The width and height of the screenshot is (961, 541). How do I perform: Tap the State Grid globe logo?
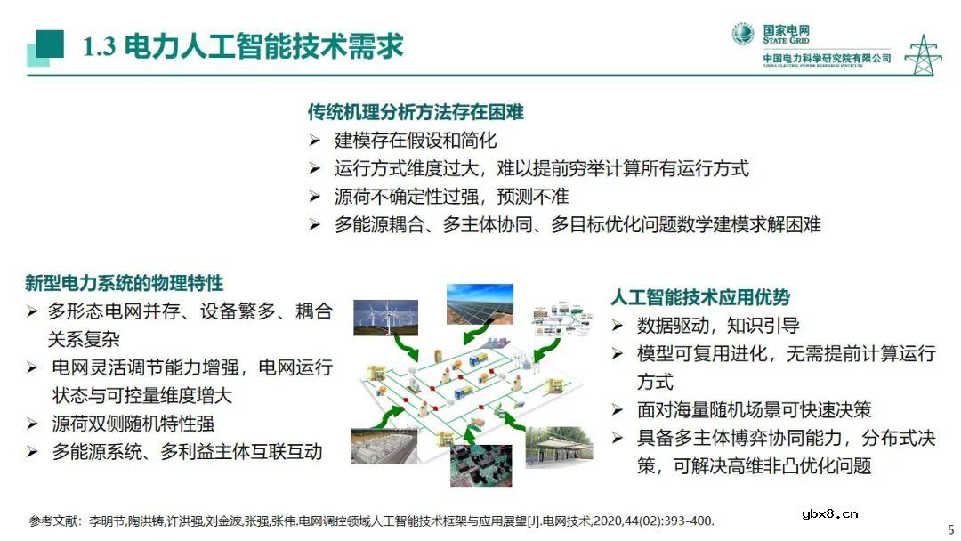pyautogui.click(x=742, y=35)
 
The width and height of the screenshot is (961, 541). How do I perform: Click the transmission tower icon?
pyautogui.click(x=923, y=55)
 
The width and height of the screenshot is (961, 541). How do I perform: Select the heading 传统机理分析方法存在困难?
pyautogui.click(x=416, y=112)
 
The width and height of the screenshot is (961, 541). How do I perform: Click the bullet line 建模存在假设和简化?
pyautogui.click(x=416, y=140)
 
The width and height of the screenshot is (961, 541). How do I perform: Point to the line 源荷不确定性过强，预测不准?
pyautogui.click(x=451, y=196)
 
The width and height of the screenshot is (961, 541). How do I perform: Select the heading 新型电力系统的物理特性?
pyautogui.click(x=124, y=283)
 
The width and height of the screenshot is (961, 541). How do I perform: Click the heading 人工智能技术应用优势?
pyautogui.click(x=700, y=297)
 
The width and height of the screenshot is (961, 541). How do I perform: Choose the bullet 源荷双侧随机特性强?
pyautogui.click(x=133, y=424)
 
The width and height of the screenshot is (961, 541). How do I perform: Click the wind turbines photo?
pyautogui.click(x=386, y=316)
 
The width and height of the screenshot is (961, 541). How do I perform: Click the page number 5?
pyautogui.click(x=950, y=526)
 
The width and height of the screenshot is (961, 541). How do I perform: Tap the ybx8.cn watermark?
pyautogui.click(x=829, y=513)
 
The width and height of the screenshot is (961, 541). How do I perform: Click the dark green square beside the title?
pyautogui.click(x=50, y=44)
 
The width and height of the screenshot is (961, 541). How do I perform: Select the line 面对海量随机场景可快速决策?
pyautogui.click(x=754, y=409)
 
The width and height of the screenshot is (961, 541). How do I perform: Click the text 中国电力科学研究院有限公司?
pyautogui.click(x=827, y=59)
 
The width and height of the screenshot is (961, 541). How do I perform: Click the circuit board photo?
pyautogui.click(x=480, y=464)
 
